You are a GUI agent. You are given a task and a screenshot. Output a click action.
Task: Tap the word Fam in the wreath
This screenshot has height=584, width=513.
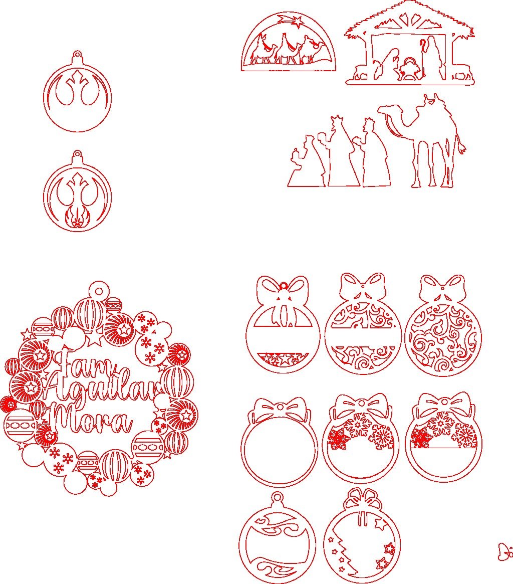(83, 362)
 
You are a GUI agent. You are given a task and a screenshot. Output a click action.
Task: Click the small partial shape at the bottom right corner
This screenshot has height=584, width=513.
(505, 552)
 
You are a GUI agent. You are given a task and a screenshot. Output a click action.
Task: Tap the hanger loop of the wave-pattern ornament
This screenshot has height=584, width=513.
(278, 498)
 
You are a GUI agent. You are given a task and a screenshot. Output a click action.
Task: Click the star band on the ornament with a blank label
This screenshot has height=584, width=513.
(283, 360)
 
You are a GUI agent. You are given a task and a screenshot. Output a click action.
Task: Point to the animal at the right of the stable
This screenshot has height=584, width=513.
(461, 75)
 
